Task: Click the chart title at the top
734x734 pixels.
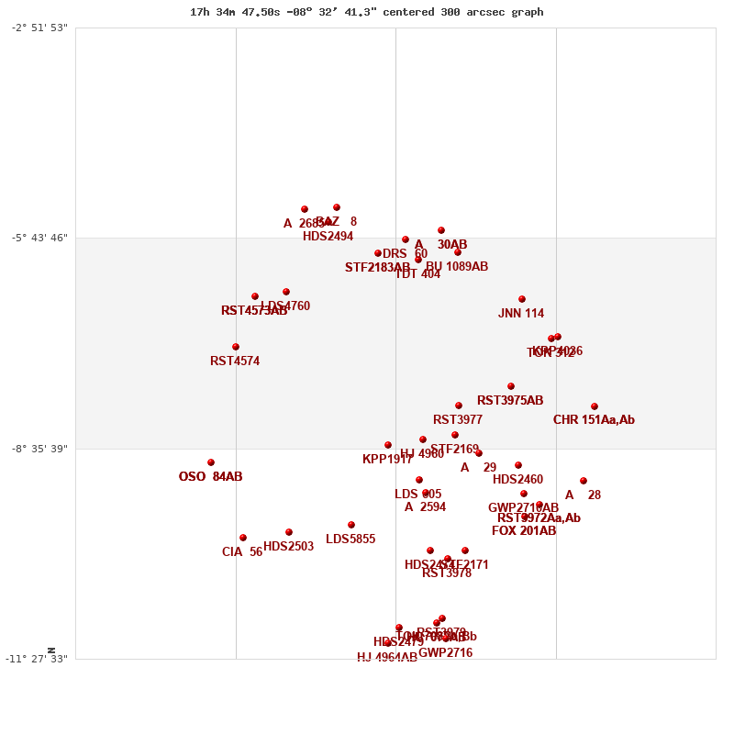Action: pyautogui.click(x=366, y=12)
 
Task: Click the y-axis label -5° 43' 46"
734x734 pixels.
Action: pyautogui.click(x=39, y=238)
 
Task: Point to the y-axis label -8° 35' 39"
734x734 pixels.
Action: pyautogui.click(x=39, y=449)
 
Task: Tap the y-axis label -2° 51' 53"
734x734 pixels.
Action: pyautogui.click(x=39, y=28)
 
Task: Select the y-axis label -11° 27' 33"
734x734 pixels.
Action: pyautogui.click(x=38, y=659)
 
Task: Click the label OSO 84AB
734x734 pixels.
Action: pyautogui.click(x=210, y=477)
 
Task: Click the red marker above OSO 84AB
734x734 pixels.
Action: pyautogui.click(x=211, y=462)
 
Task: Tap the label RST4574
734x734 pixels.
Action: pyautogui.click(x=235, y=361)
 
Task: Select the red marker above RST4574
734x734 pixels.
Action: pyautogui.click(x=236, y=347)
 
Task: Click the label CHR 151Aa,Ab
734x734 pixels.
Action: pyautogui.click(x=594, y=420)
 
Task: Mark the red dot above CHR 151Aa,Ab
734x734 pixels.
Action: pyautogui.click(x=595, y=406)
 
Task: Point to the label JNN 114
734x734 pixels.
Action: pyautogui.click(x=521, y=314)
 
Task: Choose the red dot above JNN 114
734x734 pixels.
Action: pyautogui.click(x=522, y=299)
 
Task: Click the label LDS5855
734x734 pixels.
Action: pyautogui.click(x=350, y=539)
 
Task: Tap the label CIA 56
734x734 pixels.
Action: pyautogui.click(x=242, y=552)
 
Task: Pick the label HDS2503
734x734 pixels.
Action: pyautogui.click(x=288, y=547)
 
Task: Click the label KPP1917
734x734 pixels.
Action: pyautogui.click(x=387, y=460)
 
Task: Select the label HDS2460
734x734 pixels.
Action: pyautogui.click(x=517, y=480)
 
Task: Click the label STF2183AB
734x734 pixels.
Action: pyautogui.click(x=377, y=268)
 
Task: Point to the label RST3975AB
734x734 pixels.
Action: pyautogui.click(x=510, y=401)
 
